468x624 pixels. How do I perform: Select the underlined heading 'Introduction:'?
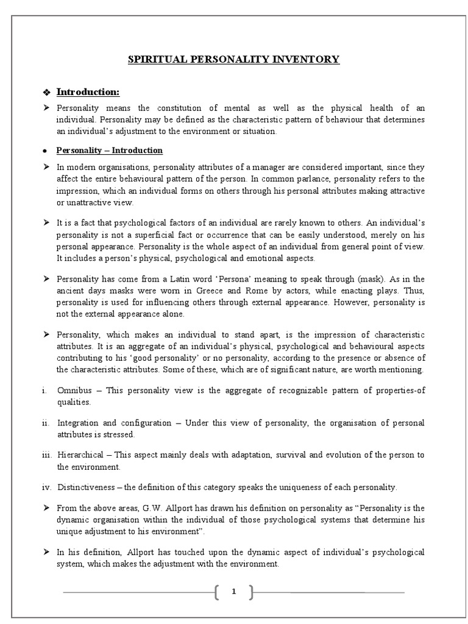[x=88, y=92]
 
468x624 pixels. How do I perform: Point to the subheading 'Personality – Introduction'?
[x=109, y=150]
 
